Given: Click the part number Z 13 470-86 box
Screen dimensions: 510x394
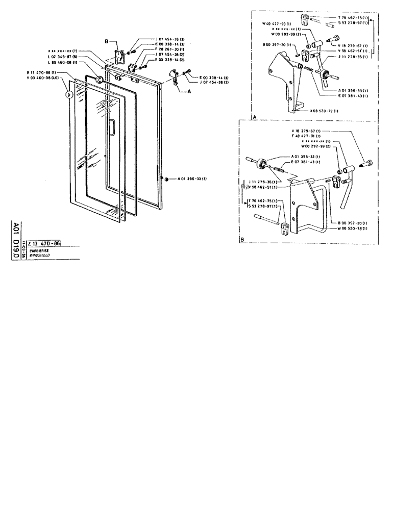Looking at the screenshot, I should point(44,244).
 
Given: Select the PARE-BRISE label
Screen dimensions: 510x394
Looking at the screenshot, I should point(39,250).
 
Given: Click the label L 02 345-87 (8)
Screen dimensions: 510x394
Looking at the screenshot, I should point(61,57).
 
